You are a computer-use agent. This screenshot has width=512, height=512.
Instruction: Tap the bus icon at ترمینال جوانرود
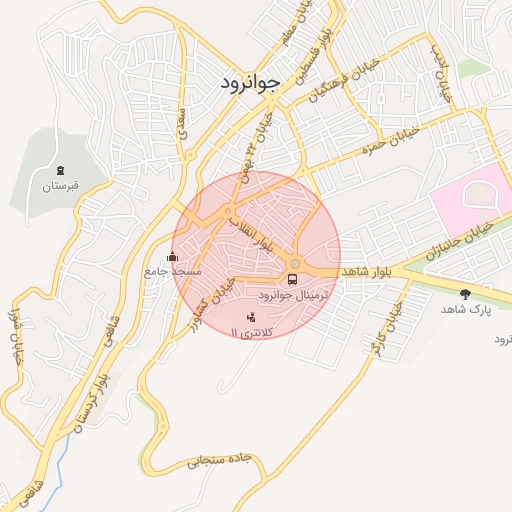(x=293, y=279)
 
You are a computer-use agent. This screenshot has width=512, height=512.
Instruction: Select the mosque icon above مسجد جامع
(x=172, y=256)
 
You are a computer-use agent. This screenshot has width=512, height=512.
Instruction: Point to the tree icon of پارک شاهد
(x=465, y=293)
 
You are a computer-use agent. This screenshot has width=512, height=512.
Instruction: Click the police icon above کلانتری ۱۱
(x=250, y=316)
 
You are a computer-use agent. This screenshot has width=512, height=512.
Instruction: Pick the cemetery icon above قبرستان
(x=61, y=170)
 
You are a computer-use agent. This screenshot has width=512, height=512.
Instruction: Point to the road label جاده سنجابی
(x=223, y=462)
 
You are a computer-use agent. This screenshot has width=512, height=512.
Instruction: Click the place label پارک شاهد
(x=466, y=310)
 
